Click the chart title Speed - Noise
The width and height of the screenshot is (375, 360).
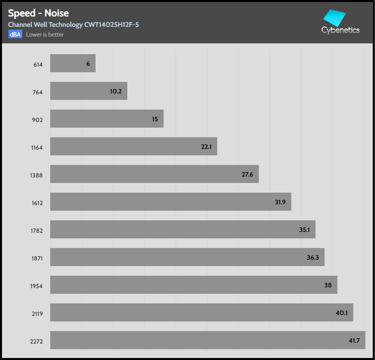(x=38, y=13)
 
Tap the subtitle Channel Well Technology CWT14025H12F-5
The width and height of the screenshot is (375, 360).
(x=73, y=25)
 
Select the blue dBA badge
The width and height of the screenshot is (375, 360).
(x=15, y=34)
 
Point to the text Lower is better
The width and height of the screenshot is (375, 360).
(x=45, y=35)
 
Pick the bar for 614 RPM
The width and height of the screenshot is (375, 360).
(x=73, y=63)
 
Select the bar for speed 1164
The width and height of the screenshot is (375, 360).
(x=133, y=146)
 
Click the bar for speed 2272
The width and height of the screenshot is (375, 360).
(x=208, y=340)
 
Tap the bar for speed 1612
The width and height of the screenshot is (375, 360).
(x=171, y=202)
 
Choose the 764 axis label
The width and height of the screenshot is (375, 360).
(x=38, y=92)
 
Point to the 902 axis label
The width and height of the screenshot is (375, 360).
(x=38, y=120)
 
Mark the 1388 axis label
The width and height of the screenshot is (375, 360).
(x=36, y=175)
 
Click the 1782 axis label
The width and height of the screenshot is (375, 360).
(x=36, y=231)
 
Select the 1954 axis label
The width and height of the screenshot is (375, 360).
(x=36, y=286)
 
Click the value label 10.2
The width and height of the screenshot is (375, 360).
(x=116, y=92)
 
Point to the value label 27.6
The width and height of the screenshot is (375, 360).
(x=247, y=175)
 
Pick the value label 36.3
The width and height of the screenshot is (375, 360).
(x=313, y=258)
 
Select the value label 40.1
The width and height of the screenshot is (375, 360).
(x=342, y=313)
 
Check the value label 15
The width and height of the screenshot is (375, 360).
(x=155, y=119)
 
